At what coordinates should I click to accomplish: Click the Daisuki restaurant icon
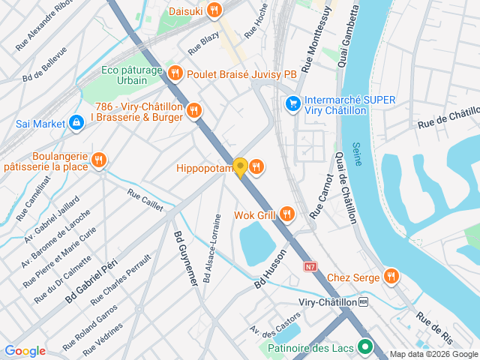[215, 10]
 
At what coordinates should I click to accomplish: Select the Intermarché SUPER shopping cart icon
[293, 103]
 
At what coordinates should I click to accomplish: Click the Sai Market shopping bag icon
[76, 122]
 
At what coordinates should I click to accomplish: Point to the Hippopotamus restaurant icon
[256, 166]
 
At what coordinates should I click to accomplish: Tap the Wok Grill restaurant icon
[286, 215]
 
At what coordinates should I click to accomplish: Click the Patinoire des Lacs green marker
[365, 347]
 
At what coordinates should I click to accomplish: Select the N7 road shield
[310, 266]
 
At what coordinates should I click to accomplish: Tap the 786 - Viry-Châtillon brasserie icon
[194, 111]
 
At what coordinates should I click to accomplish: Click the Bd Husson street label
[271, 269]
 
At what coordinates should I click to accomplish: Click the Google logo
[25, 351]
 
